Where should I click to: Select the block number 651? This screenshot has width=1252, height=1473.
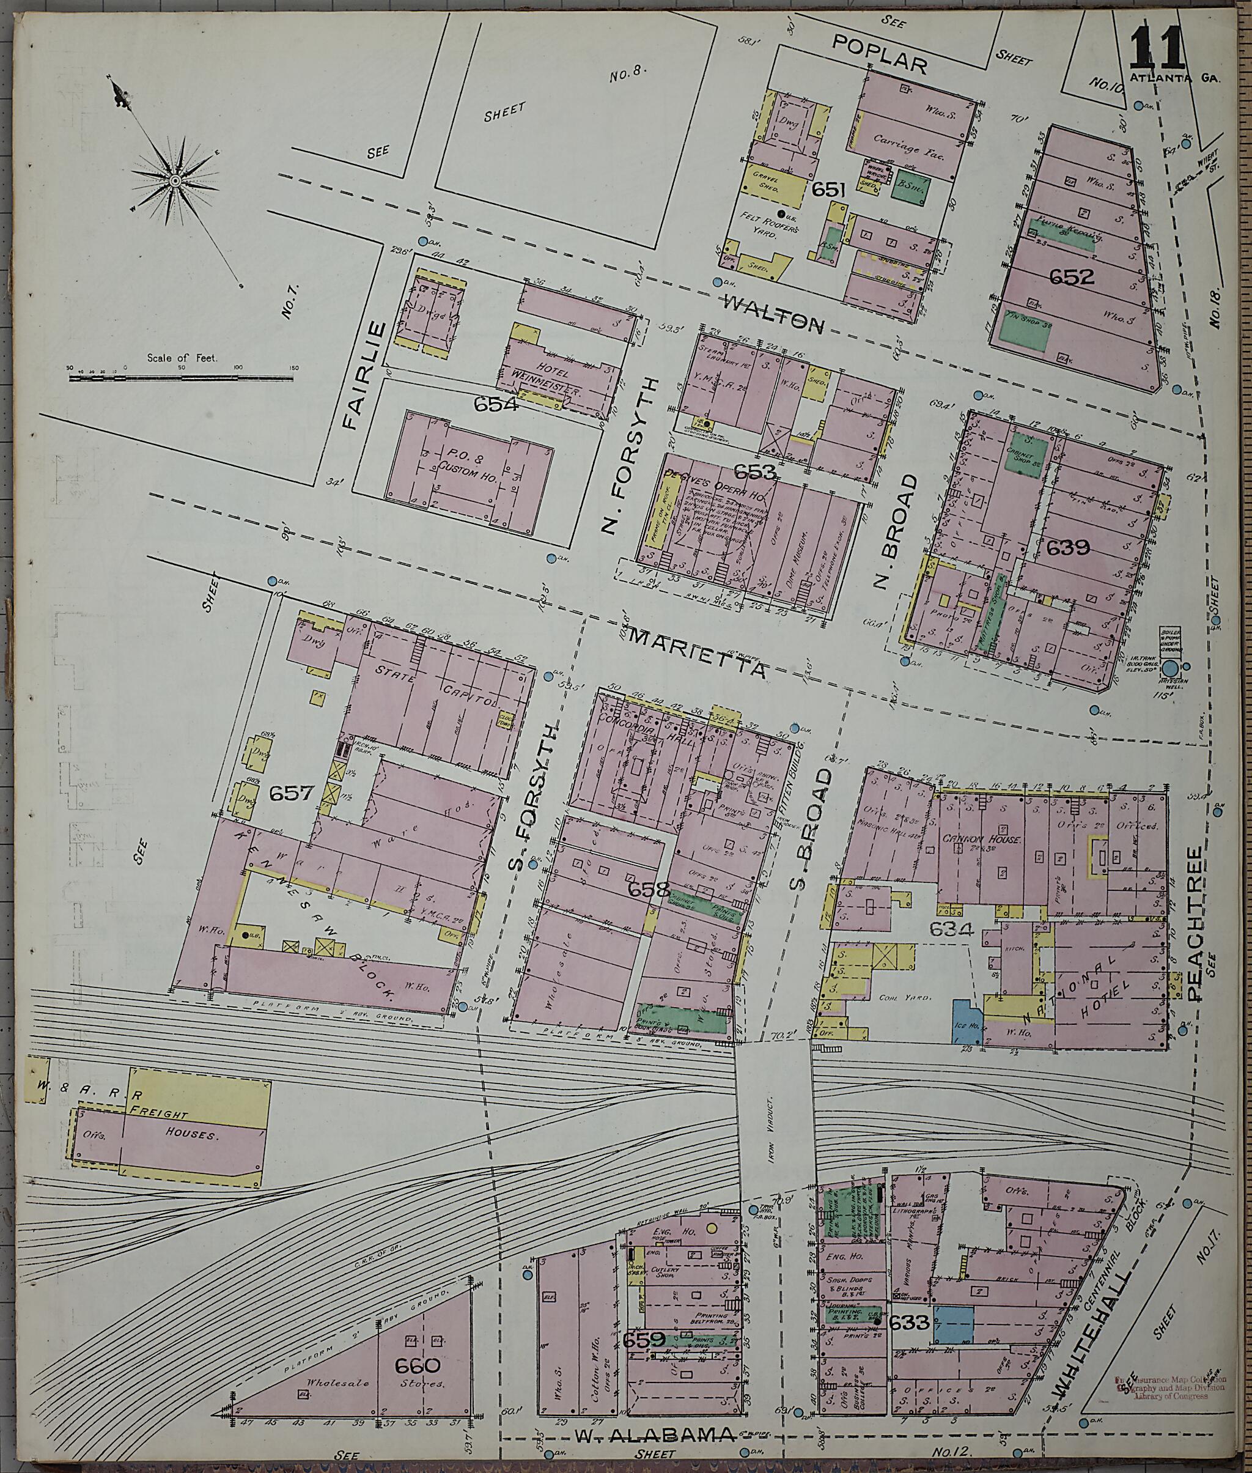(x=829, y=189)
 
